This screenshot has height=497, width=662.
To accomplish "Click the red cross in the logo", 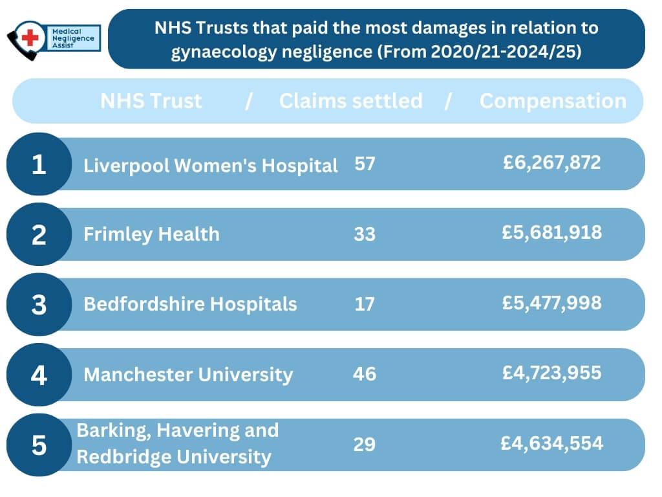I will point(30,38).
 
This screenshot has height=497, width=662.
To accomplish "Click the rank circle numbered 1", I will point(39,164).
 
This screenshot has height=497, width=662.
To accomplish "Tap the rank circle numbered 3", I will point(39,304).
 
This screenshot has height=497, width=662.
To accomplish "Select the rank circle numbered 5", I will point(39,445).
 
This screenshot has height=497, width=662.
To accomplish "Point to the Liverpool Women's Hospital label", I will point(211,166).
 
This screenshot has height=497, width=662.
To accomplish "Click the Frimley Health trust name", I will point(151,234).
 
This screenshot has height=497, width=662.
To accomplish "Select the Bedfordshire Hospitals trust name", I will point(190,304).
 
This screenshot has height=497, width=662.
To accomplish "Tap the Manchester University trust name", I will point(188,374).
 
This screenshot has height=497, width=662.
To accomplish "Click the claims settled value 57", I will point(365,164).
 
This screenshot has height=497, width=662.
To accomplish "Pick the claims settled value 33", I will point(365,234).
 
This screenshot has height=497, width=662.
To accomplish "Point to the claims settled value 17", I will point(365,304).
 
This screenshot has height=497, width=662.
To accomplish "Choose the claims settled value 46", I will point(365,373).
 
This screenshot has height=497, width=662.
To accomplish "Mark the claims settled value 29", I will point(365,444).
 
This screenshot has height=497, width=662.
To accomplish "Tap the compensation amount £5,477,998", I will point(552,302).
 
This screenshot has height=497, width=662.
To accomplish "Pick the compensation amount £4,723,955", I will point(552,372).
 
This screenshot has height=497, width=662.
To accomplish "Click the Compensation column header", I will point(553,101).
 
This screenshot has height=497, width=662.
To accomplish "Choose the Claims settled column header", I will point(350,101).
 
